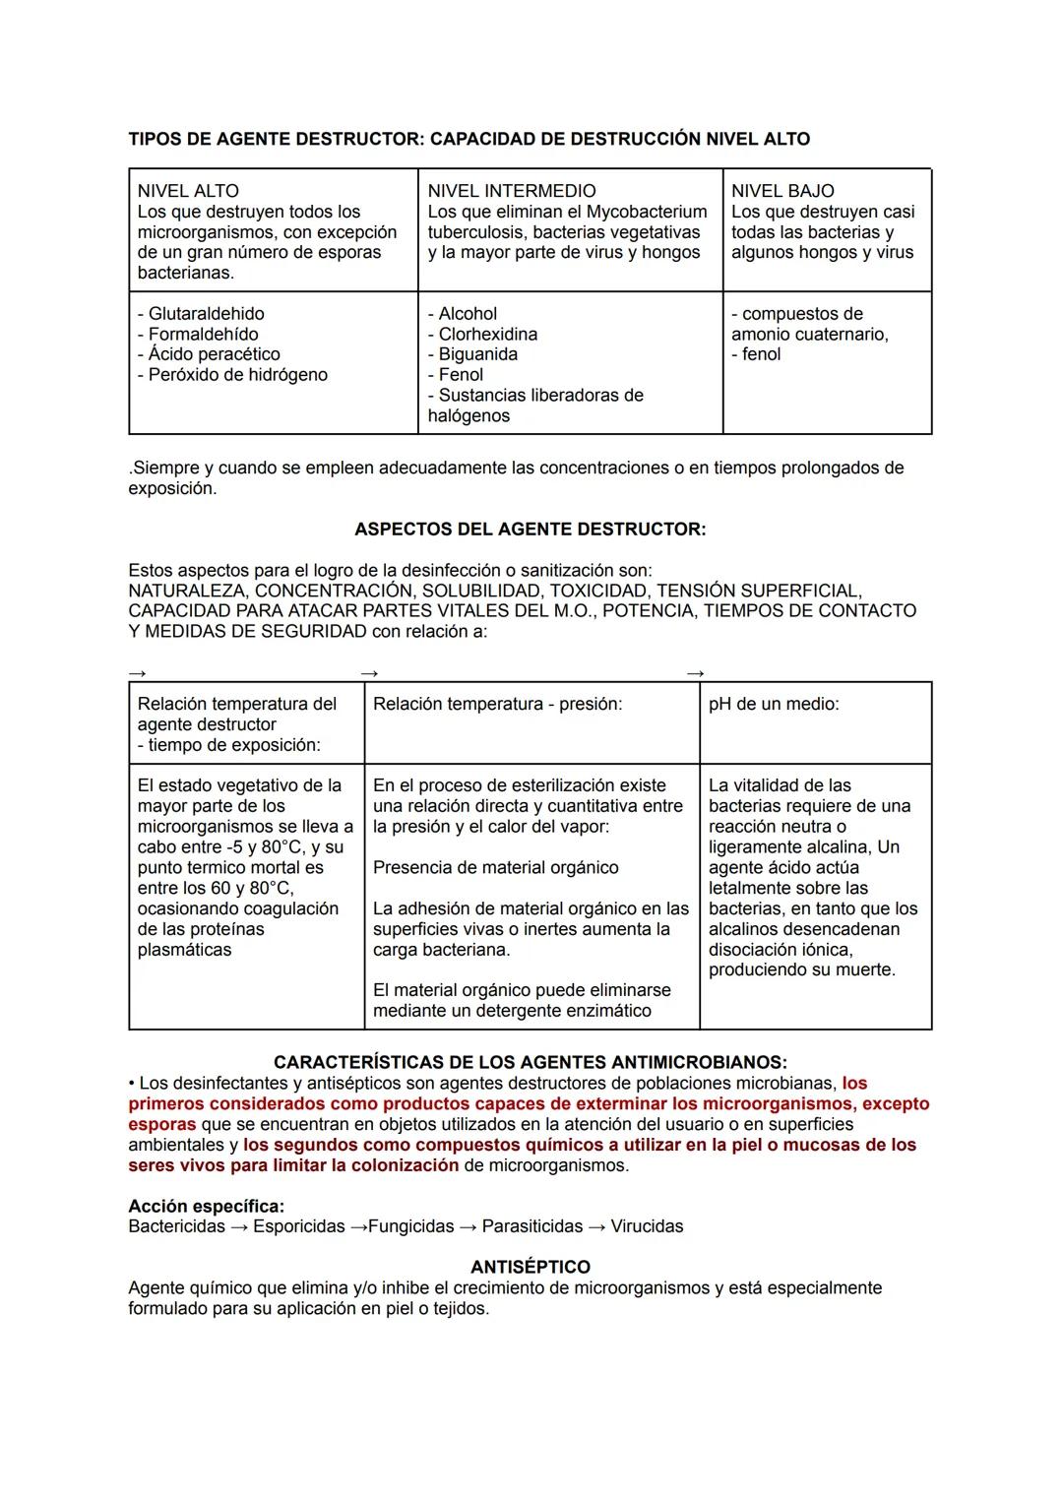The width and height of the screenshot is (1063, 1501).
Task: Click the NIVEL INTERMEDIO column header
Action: pyautogui.click(x=511, y=191)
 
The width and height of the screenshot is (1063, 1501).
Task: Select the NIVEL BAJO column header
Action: pyautogui.click(x=782, y=191)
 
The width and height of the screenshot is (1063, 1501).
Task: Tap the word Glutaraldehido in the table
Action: pyautogui.click(x=206, y=314)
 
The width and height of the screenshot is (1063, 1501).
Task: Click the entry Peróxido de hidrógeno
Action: pyautogui.click(x=237, y=375)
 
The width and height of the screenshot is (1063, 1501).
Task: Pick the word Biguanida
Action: pyautogui.click(x=477, y=354)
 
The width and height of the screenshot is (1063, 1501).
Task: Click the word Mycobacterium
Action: pyautogui.click(x=647, y=212)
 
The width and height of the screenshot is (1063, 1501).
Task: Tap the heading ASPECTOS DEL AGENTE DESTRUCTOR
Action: pyautogui.click(x=530, y=530)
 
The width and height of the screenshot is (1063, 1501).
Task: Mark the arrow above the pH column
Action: pyautogui.click(x=695, y=673)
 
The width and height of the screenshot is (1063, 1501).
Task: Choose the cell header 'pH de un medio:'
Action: pyautogui.click(x=774, y=704)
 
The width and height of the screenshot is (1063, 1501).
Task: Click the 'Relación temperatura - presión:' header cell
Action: pyautogui.click(x=497, y=704)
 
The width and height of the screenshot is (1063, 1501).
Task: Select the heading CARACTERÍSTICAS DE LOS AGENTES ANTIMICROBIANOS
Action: pyautogui.click(x=530, y=1063)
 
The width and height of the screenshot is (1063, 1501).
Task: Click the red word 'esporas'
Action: pyautogui.click(x=161, y=1124)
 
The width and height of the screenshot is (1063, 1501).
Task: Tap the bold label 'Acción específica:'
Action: pyautogui.click(x=206, y=1206)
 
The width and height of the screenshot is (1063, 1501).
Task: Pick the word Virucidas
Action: pyautogui.click(x=647, y=1226)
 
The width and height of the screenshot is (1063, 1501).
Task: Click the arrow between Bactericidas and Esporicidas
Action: pyautogui.click(x=239, y=1226)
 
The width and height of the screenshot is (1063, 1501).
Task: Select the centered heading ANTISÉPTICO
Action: pyautogui.click(x=530, y=1267)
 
